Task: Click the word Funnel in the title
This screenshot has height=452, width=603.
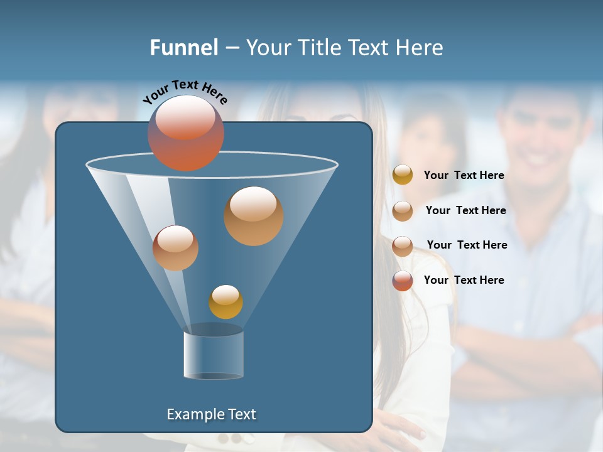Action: point(183,48)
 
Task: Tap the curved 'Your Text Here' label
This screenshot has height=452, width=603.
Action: point(185,92)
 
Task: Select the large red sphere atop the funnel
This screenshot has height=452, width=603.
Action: point(186,132)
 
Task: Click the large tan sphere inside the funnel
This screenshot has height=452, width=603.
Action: point(253,215)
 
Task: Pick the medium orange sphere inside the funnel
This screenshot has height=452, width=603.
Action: point(175,248)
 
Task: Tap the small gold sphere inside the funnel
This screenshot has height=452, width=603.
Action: point(225,302)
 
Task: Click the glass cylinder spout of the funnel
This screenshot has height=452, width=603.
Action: point(213,353)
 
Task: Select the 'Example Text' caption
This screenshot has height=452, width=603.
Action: point(212,414)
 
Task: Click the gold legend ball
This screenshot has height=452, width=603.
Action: point(403,175)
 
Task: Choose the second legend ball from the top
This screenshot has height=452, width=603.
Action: point(403,210)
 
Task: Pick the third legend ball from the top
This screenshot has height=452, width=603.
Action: point(403,245)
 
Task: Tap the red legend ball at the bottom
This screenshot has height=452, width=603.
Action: point(403,281)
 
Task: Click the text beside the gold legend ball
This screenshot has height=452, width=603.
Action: point(464,175)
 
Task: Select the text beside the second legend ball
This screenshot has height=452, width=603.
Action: point(465,210)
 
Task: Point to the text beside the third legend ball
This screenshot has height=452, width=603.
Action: point(467,245)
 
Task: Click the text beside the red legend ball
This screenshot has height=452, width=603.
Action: point(464,280)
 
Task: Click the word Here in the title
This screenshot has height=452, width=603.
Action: point(420,48)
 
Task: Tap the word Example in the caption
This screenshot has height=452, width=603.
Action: point(193,414)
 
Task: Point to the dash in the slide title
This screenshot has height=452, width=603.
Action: point(231,48)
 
